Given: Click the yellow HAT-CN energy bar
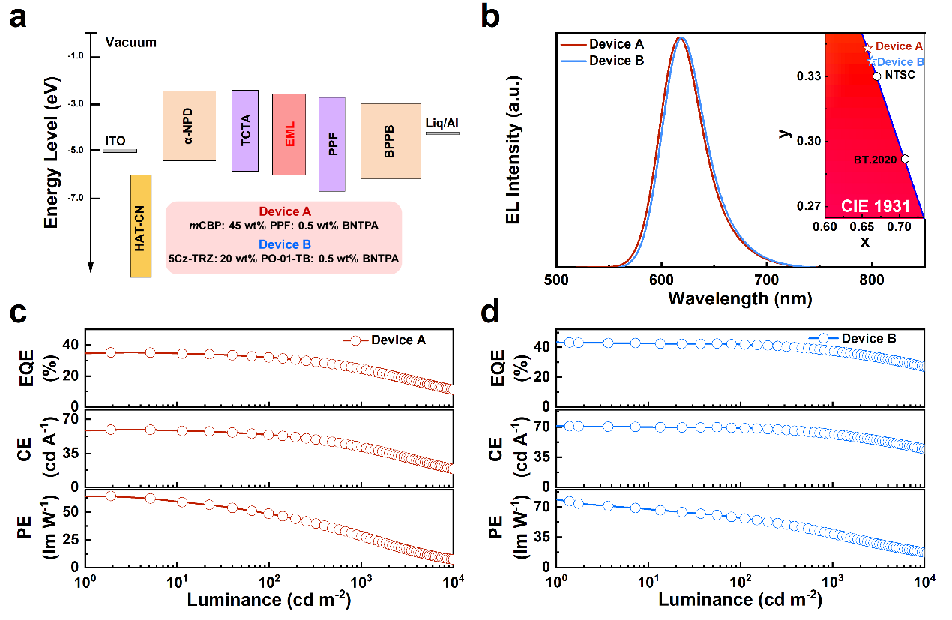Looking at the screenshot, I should (140, 226).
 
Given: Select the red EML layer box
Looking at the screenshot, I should (289, 134).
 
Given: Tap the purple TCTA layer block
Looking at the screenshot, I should (244, 130).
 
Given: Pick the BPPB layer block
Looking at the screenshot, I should (390, 141).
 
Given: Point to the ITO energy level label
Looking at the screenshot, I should (115, 140).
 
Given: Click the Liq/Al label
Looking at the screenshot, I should (442, 122).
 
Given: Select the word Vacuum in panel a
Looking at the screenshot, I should (131, 43).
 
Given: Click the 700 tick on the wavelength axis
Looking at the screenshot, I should (765, 280).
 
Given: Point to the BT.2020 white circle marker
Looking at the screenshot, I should (905, 159).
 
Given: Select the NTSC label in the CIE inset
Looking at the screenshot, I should (900, 76).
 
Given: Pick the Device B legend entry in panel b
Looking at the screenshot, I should (616, 61).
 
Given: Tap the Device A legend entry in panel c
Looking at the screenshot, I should (398, 340).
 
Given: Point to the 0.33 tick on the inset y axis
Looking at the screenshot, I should (809, 76).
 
